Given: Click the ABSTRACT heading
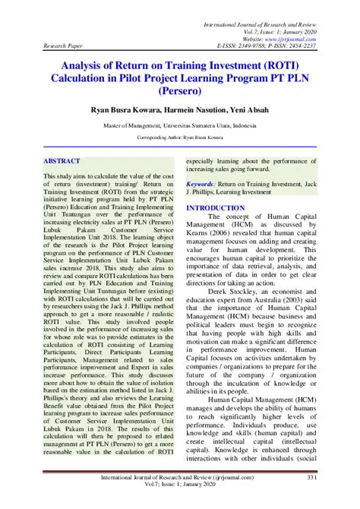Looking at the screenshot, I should click(62, 162).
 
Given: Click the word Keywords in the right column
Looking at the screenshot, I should click(201, 184).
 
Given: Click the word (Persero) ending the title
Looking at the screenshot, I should click(179, 92).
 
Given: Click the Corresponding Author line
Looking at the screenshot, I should click(179, 138).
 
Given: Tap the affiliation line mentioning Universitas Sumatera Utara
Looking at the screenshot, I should click(179, 125).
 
